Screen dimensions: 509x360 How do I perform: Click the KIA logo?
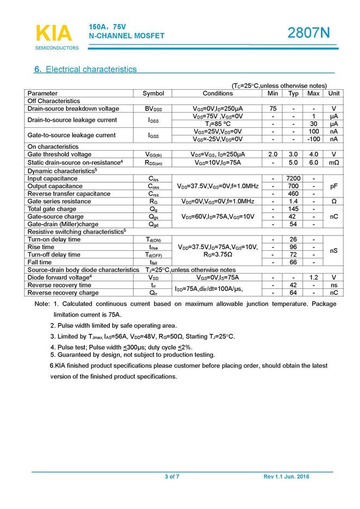[x=54, y=33]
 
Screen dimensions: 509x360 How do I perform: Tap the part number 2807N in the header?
[x=308, y=33]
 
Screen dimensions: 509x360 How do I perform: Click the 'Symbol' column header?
[x=153, y=94]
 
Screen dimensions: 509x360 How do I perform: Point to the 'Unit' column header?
[x=333, y=94]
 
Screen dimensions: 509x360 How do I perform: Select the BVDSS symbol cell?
[x=153, y=109]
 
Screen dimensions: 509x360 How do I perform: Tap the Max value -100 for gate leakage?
[x=313, y=139]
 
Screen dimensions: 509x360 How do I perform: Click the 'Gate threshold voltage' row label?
[x=59, y=154]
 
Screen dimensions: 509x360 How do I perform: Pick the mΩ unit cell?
[x=333, y=162]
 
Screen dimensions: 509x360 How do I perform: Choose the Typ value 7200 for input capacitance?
[x=294, y=178]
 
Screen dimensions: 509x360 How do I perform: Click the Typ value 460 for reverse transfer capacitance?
[x=294, y=194]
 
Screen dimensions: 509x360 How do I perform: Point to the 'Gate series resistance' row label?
[x=59, y=201]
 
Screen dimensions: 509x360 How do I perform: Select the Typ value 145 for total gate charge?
[x=294, y=209]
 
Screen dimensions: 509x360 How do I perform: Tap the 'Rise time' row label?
[x=41, y=247]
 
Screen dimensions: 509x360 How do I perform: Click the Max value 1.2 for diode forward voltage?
[x=313, y=277]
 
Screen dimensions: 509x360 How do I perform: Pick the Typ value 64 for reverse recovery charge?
[x=294, y=293]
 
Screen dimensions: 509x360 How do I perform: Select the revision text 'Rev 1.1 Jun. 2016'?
[x=286, y=476]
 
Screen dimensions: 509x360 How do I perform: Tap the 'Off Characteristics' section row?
[x=54, y=101]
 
